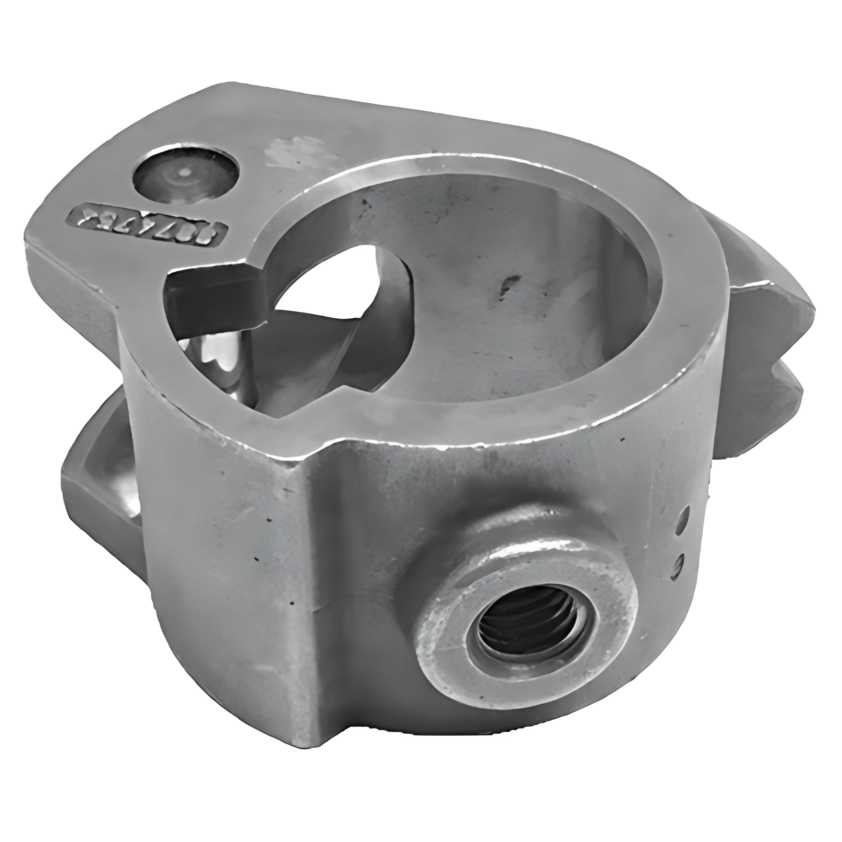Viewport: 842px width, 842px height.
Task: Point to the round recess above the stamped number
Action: [x=186, y=178]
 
